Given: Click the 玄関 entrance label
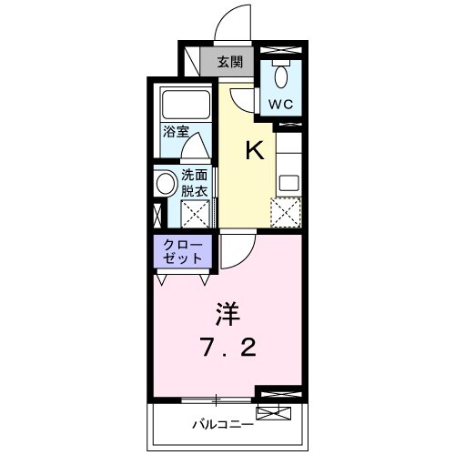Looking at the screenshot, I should [x=230, y=63].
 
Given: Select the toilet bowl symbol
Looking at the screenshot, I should [x=280, y=73].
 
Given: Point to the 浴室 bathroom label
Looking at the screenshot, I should [x=177, y=131].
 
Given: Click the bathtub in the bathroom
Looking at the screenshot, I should [x=185, y=105].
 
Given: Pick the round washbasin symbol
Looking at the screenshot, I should [x=166, y=184].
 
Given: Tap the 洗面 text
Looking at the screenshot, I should [x=195, y=176].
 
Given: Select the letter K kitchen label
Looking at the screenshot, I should [x=256, y=150].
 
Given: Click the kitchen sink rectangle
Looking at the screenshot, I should [x=288, y=180].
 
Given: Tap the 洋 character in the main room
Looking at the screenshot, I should [x=227, y=315].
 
